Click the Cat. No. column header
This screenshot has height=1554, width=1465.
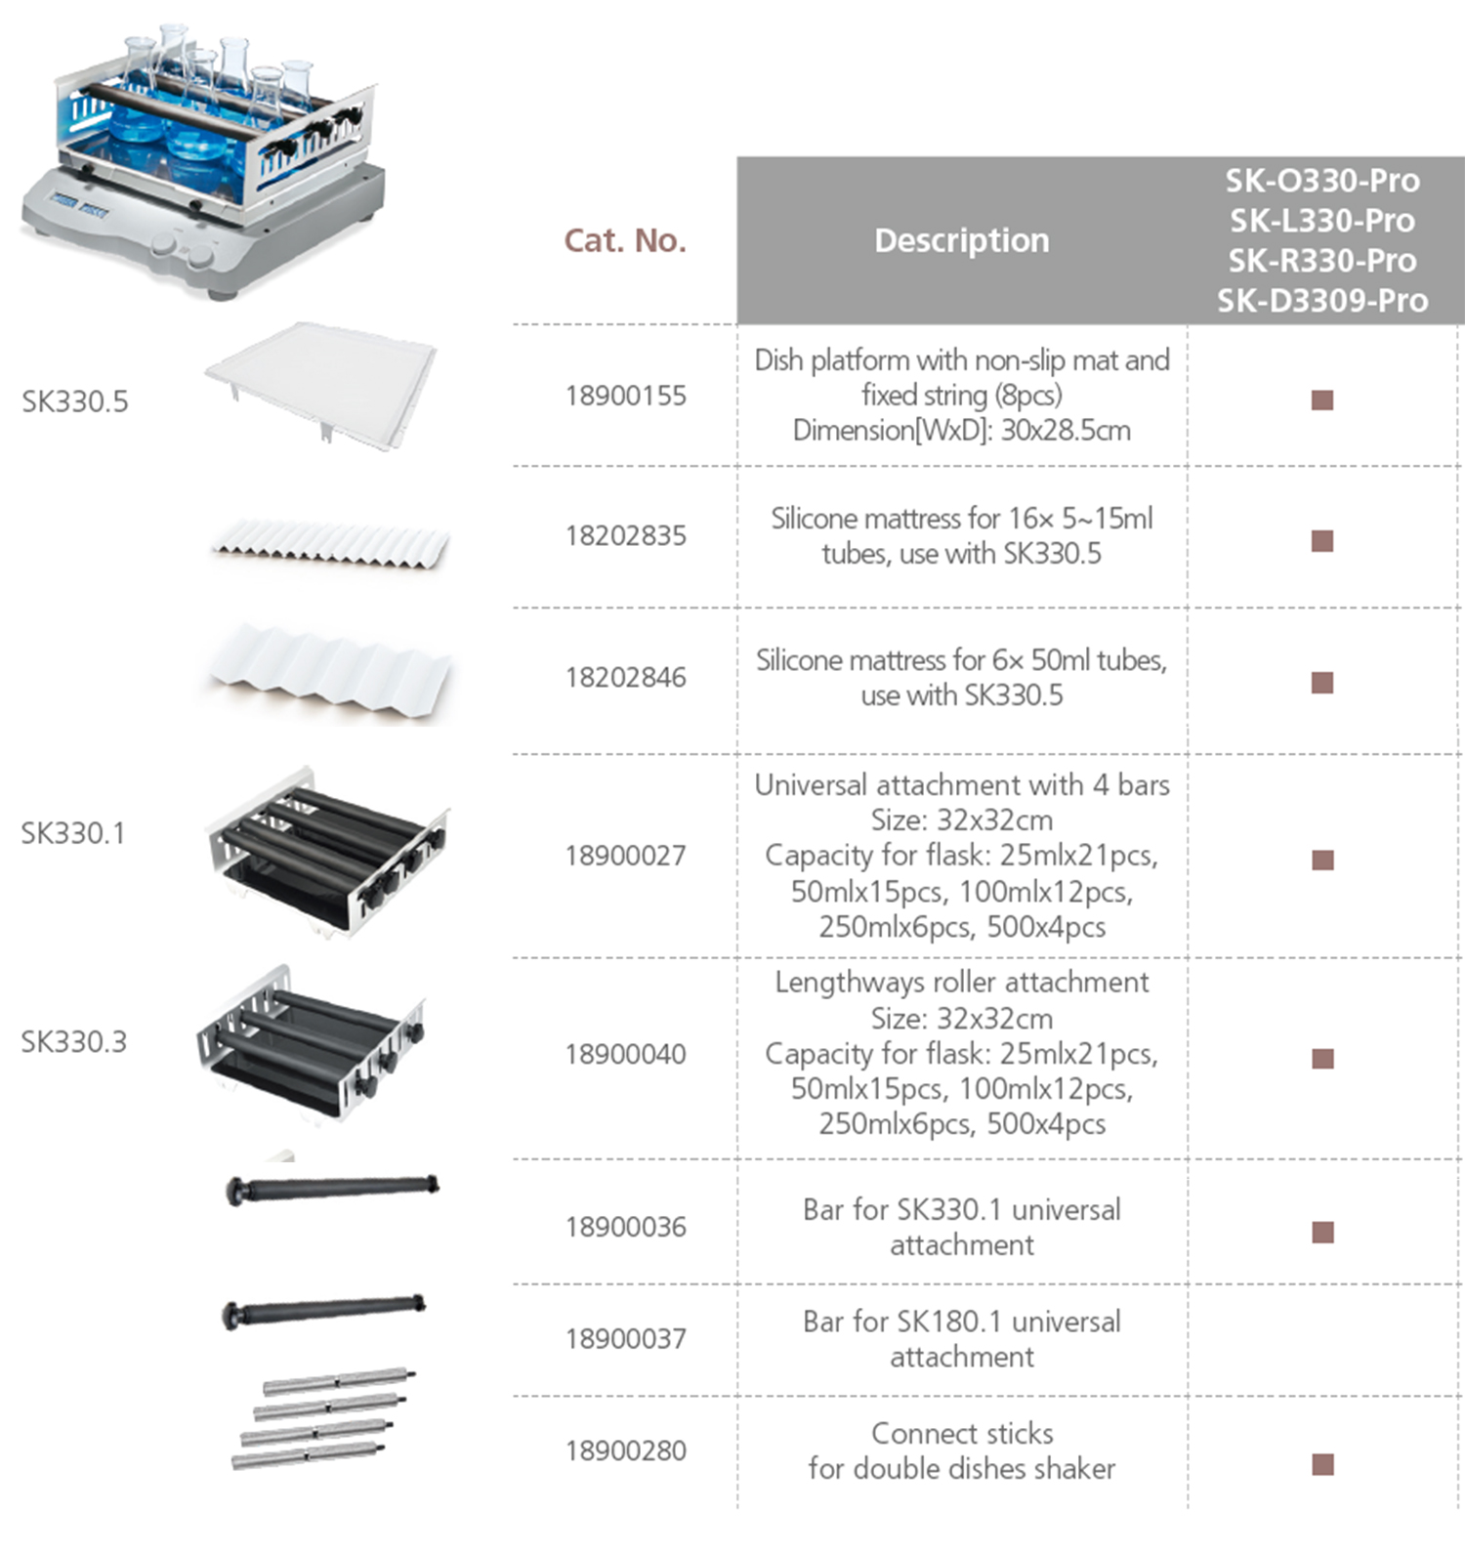[x=625, y=240]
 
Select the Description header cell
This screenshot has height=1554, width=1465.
[x=962, y=240]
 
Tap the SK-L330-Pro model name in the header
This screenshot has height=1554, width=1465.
[x=1322, y=221]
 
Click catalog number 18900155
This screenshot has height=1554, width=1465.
[x=625, y=396]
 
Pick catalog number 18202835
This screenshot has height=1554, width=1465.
[x=625, y=535]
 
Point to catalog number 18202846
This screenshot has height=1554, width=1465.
[x=625, y=677]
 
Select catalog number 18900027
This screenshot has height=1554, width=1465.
[x=625, y=856]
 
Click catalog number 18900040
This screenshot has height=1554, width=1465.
[x=625, y=1054]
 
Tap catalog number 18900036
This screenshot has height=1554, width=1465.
[x=625, y=1227]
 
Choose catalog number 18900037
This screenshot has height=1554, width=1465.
[x=625, y=1338]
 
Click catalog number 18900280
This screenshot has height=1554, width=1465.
[x=625, y=1450]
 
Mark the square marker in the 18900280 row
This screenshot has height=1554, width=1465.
[x=1322, y=1464]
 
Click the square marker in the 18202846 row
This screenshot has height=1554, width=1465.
[x=1322, y=682]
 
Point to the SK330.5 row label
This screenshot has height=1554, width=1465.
[x=75, y=401]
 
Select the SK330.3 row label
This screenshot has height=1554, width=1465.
[x=74, y=1042]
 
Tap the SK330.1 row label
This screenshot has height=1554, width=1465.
[x=73, y=833]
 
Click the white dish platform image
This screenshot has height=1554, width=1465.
[x=321, y=383]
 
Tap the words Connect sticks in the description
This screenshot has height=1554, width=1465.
[x=962, y=1433]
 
